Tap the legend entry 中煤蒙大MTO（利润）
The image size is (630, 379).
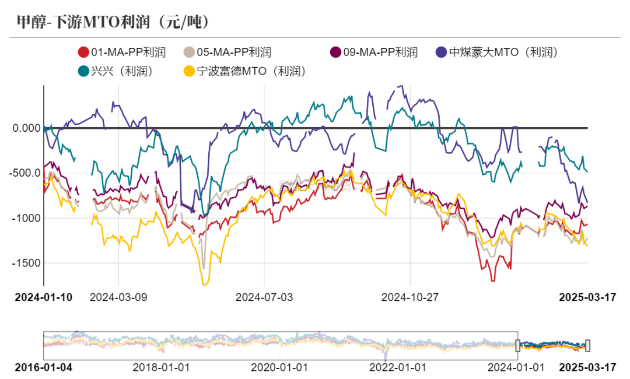[x=504, y=52]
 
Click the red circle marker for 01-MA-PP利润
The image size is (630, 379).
[x=83, y=52]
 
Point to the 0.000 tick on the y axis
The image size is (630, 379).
[x=26, y=128]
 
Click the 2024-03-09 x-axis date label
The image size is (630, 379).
[x=118, y=297]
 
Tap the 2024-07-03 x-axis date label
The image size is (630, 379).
[x=264, y=297]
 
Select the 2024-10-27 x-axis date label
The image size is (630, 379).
[x=410, y=297]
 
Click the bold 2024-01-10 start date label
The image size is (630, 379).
[x=44, y=297]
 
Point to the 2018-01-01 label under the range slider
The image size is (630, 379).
[x=162, y=367]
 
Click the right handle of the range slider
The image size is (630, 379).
[x=587, y=345]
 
